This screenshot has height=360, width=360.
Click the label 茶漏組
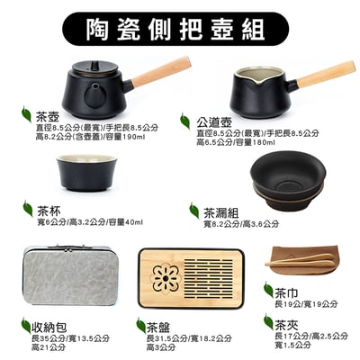(x=221, y=211)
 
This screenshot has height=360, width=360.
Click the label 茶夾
(x=287, y=324)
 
